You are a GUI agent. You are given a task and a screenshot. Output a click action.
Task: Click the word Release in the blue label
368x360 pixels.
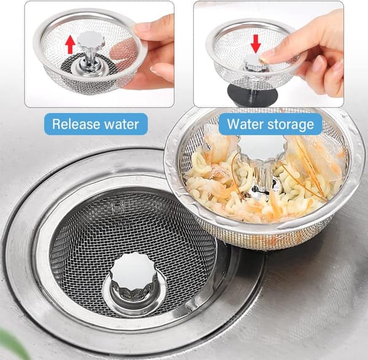coord(76,124)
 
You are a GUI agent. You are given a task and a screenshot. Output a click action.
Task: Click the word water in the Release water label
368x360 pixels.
coord(121,124)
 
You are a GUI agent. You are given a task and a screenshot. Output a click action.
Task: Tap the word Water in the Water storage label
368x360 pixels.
coord(246,124)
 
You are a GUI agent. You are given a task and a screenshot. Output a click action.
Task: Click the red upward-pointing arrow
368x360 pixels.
coord(70,44)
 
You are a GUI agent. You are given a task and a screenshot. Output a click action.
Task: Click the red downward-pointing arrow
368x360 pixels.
coord(255,44)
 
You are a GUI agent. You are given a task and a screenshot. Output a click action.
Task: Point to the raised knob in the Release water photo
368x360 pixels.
coord(90,39)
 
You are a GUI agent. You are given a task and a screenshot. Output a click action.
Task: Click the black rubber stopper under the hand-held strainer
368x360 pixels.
coord(252,95)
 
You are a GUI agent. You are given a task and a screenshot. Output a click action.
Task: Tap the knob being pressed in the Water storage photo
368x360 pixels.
coord(255,63)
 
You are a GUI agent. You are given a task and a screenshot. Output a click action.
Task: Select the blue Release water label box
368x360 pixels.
coord(96,124)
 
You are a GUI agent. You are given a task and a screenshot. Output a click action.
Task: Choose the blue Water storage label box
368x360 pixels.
coord(270,124)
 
